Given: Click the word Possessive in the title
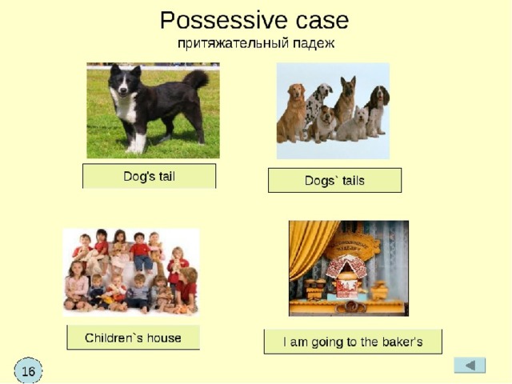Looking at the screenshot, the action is tap(225, 22).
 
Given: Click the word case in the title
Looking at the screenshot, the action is tap(322, 22).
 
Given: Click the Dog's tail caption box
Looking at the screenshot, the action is tap(150, 176).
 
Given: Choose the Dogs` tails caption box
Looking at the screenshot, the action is tap(334, 180).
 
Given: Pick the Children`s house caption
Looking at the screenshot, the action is tap(134, 338).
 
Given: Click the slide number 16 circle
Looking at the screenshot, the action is tap(28, 371).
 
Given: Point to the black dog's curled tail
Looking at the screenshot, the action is tap(196, 79).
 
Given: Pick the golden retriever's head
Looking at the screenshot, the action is tap(296, 92).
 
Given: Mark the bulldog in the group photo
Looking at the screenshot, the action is tap(323, 124).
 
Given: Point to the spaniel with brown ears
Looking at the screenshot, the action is tap(378, 110).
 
